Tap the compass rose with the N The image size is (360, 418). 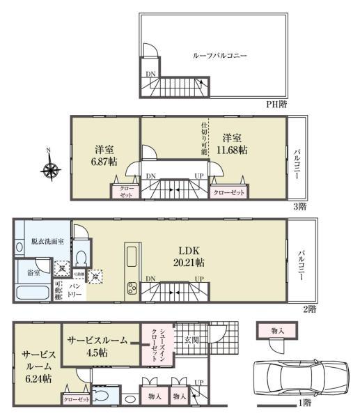click(x=50, y=169)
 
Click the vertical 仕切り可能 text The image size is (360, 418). click(x=204, y=138)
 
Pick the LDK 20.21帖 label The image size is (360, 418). click(x=189, y=257)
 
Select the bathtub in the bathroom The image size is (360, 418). click(x=33, y=292)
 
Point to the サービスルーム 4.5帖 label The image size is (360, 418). click(x=97, y=346)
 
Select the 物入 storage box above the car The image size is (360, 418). click(x=277, y=331)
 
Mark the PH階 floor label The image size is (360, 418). click(x=276, y=104)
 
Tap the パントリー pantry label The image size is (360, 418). click(x=74, y=291)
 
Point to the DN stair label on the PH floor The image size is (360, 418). click(x=151, y=73)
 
